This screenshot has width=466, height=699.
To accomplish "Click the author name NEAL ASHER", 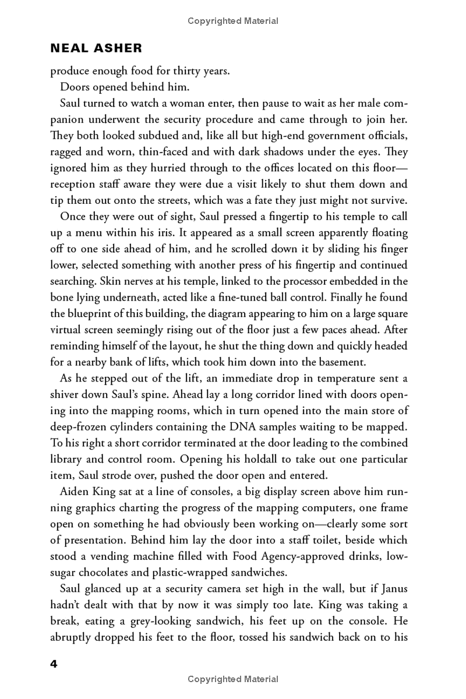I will (x=96, y=48).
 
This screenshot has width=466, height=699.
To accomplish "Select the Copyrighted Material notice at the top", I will (x=233, y=21).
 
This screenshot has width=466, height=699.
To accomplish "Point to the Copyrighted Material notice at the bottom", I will (x=233, y=679).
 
